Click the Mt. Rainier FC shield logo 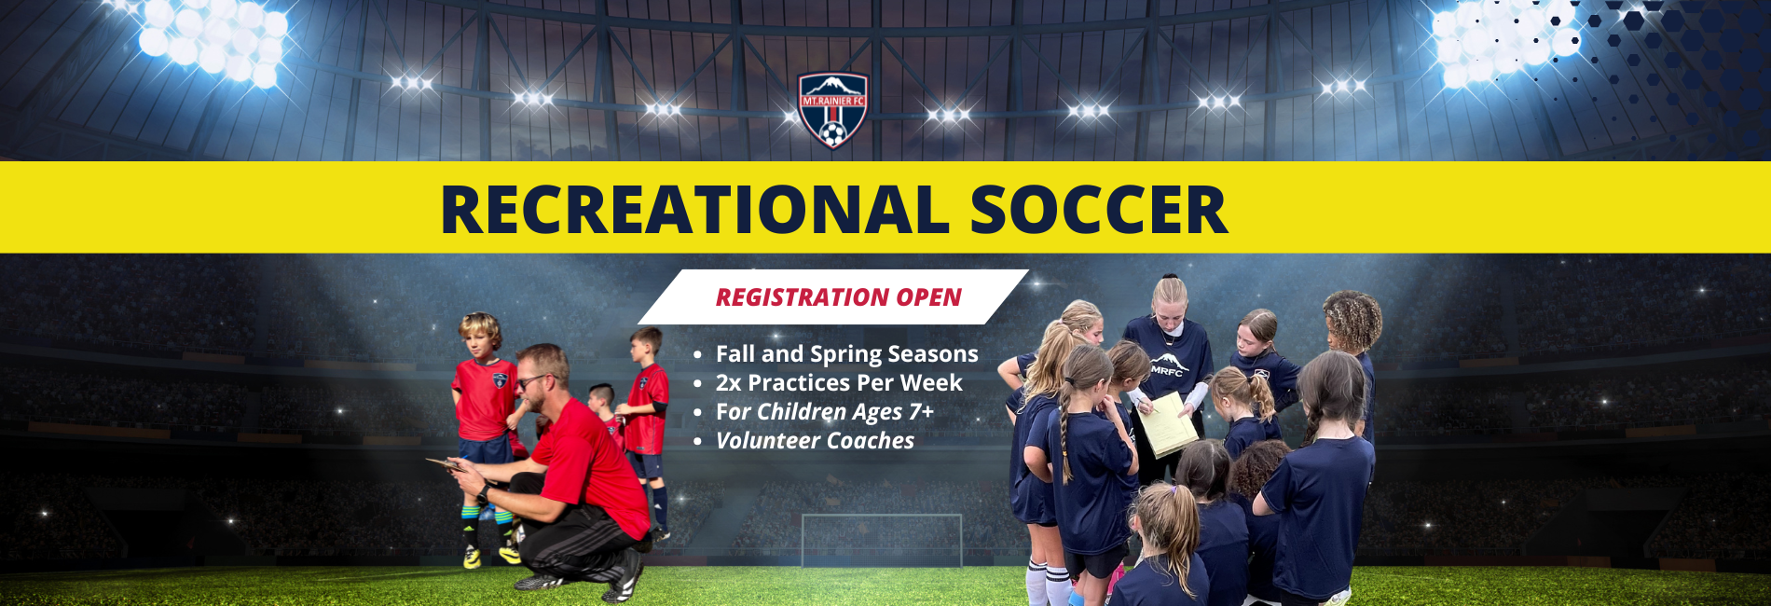coord(833,110)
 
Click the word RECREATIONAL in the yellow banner coord(694,210)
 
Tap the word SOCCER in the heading coord(1099,210)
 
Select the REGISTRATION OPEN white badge coord(833,297)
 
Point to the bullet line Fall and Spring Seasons coord(846,354)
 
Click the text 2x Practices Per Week coord(839,383)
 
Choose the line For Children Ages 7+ coord(825,412)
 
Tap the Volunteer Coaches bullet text coord(815,441)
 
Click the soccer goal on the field coord(882,540)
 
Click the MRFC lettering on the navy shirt coord(1166,370)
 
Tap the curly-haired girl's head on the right coord(1353,322)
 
